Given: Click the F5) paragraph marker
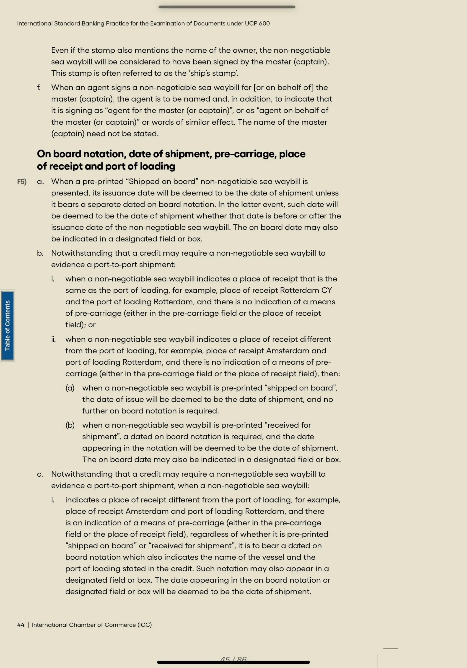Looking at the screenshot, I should [22, 182].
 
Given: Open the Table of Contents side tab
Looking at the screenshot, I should [8, 326].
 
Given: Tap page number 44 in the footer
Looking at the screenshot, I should [21, 625].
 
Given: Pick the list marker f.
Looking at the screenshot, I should [39, 87].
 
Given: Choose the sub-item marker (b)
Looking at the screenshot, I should [70, 425].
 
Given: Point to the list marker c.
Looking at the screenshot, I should [40, 474].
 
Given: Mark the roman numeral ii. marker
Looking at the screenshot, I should [54, 339].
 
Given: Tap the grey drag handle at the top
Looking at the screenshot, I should [227, 7].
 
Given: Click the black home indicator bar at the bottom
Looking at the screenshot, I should [233, 662].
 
